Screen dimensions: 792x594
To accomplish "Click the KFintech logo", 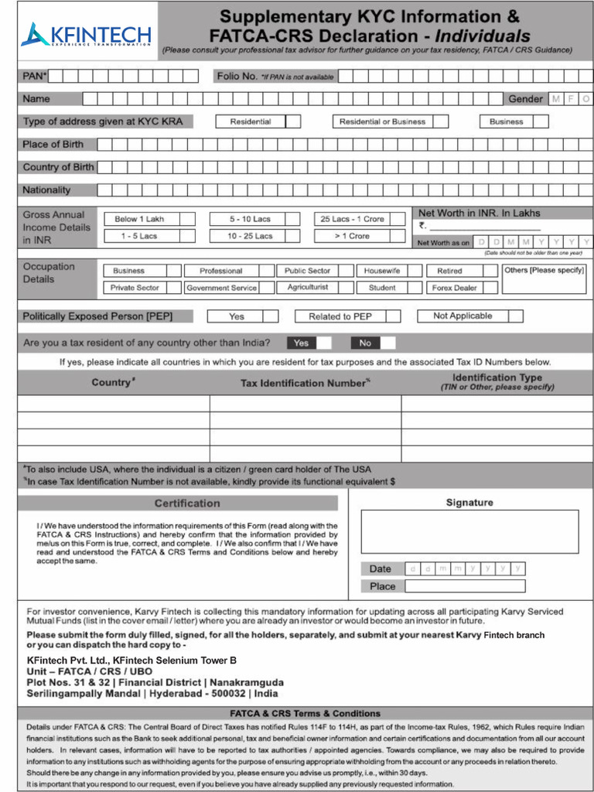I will [86, 35].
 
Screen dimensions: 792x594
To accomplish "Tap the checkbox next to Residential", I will [294, 121].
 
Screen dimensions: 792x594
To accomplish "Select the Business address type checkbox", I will [541, 121].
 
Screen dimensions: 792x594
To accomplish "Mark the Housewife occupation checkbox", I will [414, 271].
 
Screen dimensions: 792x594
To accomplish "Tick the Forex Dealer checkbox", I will [490, 288].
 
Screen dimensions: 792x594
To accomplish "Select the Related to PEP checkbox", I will [393, 316].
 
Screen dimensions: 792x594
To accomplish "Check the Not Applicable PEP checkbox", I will [516, 316].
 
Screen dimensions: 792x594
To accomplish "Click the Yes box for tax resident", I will [324, 343].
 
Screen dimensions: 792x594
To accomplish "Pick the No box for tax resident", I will [387, 343].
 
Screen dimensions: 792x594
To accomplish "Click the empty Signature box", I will [469, 531].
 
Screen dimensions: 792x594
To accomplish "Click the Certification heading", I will [187, 504].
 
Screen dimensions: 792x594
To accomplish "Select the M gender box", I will [556, 99].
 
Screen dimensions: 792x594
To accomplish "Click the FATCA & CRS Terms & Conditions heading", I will [305, 713].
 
